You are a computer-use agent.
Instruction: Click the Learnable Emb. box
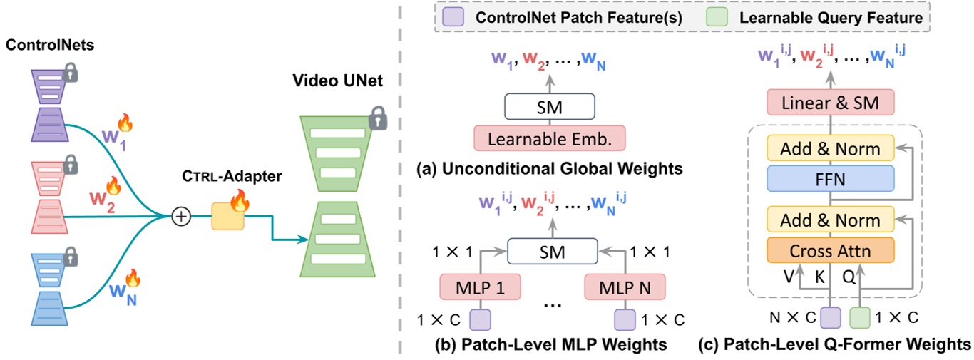(x=549, y=138)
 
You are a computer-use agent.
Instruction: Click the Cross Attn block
(x=829, y=250)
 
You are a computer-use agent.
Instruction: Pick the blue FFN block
(x=829, y=179)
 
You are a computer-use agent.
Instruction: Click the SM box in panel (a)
(x=549, y=108)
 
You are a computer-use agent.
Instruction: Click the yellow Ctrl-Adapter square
(x=227, y=215)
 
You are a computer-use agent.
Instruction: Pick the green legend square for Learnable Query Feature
(x=714, y=16)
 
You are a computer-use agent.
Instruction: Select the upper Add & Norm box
(x=829, y=149)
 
